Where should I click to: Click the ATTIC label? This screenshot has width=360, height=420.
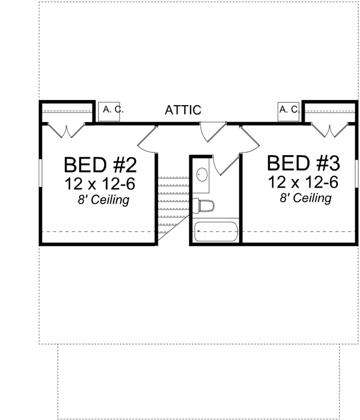(x=183, y=110)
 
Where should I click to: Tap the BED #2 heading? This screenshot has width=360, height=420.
(x=101, y=165)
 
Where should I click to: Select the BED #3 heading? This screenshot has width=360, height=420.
(x=303, y=164)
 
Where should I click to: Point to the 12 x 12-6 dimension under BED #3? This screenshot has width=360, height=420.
(x=304, y=182)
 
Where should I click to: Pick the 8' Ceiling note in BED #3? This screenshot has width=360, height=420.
(x=305, y=198)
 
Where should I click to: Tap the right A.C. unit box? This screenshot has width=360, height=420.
(x=288, y=109)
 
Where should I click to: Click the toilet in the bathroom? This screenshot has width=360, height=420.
(x=203, y=205)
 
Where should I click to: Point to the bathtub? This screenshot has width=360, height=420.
(x=216, y=232)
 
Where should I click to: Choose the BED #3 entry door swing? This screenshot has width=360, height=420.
(x=249, y=140)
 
